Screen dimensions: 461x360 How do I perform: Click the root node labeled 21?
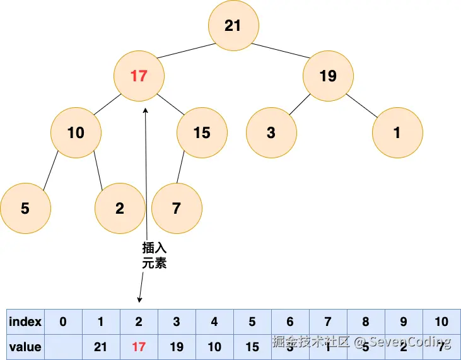coord(233,25)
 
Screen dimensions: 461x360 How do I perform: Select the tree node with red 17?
coord(139,76)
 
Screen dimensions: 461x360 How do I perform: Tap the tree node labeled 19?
coord(328,76)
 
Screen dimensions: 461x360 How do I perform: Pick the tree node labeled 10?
coord(76,132)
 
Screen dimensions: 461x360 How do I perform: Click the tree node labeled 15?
coord(202,132)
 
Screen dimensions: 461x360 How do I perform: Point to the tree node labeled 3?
coord(271,132)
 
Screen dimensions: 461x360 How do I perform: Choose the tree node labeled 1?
coord(397,132)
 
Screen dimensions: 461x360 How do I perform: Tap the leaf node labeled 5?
coord(25,208)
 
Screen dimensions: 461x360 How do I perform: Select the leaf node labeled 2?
coord(120,208)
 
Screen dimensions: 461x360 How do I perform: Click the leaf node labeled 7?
coord(177,208)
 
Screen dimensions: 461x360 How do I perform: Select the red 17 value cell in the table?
coord(139,347)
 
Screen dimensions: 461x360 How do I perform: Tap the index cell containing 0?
coord(63,322)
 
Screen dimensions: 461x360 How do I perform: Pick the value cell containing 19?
coord(177,347)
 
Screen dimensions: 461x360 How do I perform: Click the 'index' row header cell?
coord(25,322)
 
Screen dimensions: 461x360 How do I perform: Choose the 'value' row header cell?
coord(25,347)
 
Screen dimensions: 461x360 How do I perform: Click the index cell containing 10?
coord(441,322)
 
